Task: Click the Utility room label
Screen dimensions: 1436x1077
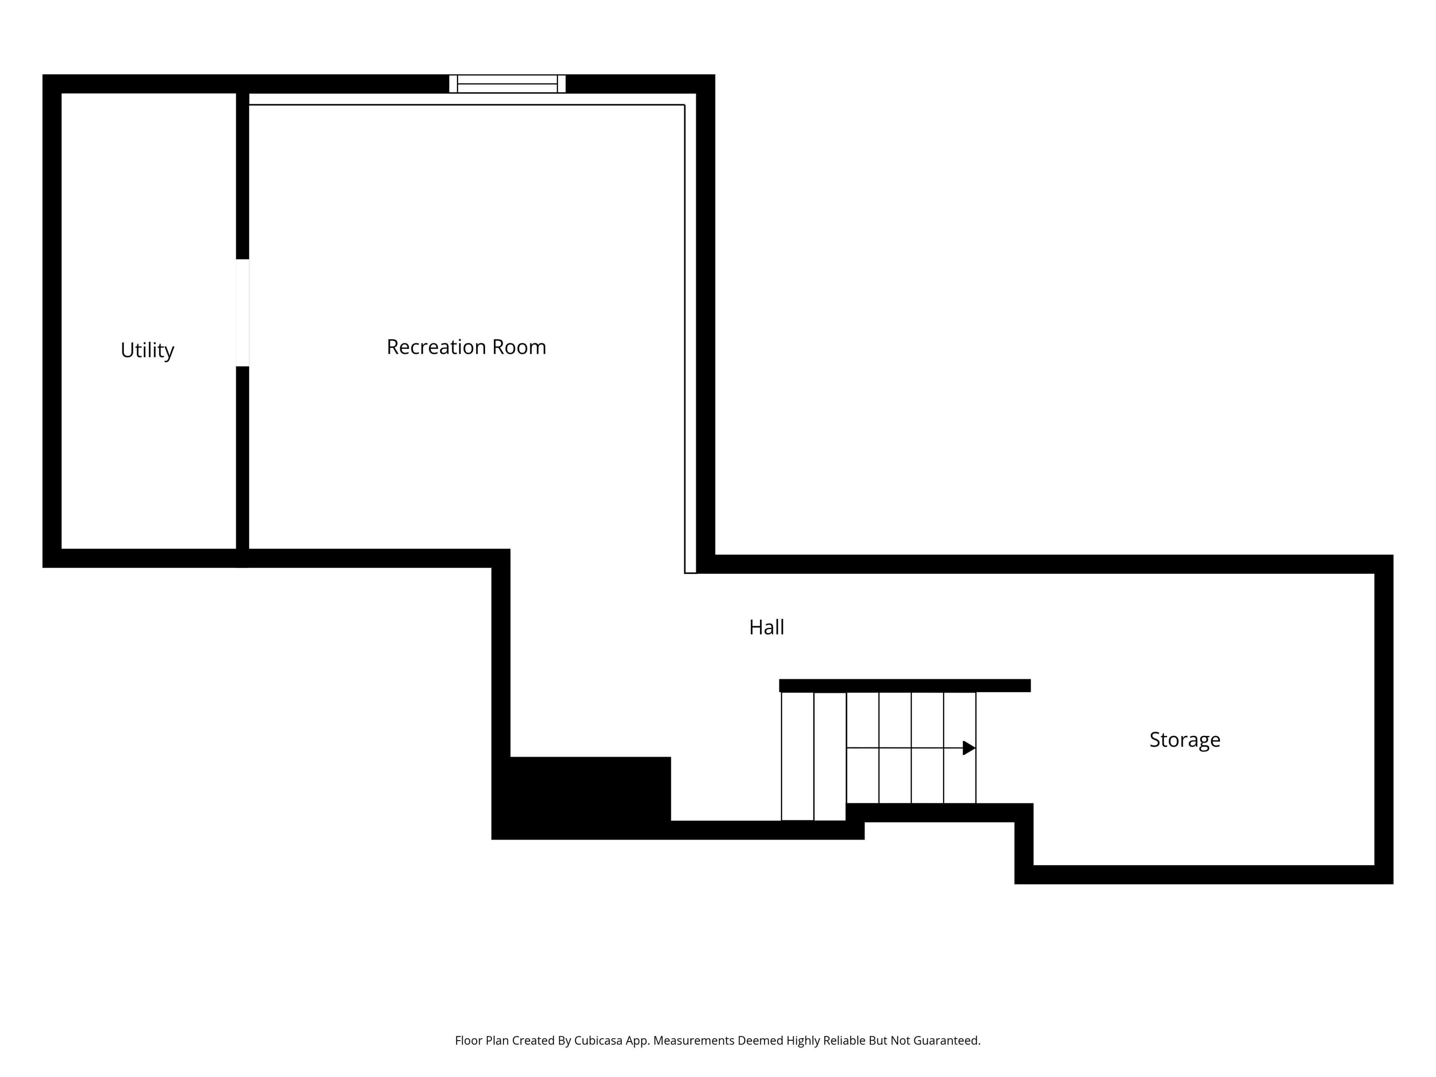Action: (147, 350)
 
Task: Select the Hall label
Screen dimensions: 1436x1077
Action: (767, 627)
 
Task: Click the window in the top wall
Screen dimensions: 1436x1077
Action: (507, 84)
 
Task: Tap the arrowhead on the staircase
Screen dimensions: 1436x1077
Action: (969, 748)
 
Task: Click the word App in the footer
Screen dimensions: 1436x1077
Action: (638, 1041)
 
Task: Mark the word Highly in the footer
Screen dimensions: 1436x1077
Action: (803, 1041)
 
